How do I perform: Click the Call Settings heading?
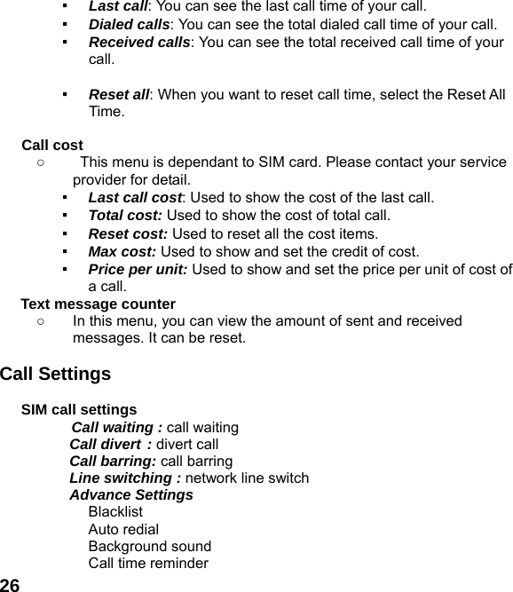(56, 374)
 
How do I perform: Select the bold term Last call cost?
(135, 197)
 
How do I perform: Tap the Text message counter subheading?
(98, 304)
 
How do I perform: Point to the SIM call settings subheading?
(79, 410)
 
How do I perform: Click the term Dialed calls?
(129, 24)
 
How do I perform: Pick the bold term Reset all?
(119, 95)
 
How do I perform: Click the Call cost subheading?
(52, 145)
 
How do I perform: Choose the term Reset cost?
(129, 234)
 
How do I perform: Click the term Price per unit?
(138, 270)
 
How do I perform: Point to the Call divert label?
(110, 444)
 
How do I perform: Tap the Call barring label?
(113, 461)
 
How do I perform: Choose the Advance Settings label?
(131, 494)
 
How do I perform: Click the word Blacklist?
(115, 512)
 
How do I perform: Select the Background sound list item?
(149, 546)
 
